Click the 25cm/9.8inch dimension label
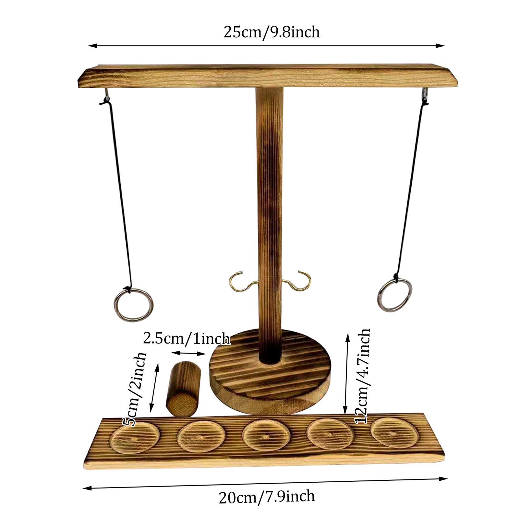(x=272, y=32)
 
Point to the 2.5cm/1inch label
(x=187, y=339)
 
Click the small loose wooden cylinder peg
(x=183, y=389)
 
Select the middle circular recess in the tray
(x=266, y=436)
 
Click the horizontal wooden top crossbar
(x=268, y=76)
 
